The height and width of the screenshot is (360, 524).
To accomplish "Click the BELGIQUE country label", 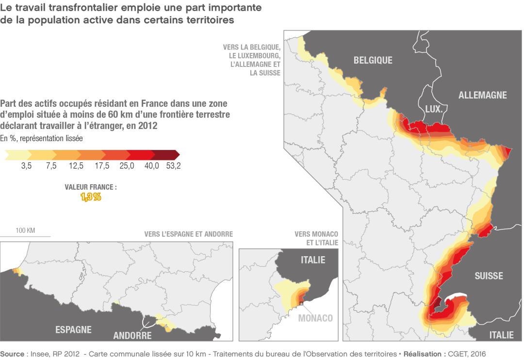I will coord(373,60).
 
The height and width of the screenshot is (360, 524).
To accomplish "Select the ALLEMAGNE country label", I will coord(482,95).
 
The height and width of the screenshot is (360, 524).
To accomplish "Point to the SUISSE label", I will coord(489,276).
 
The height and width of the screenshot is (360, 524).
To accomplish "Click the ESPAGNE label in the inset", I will coord(73,329).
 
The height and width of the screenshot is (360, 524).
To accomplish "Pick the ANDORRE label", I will coord(132,335).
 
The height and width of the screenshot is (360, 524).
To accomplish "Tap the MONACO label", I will coord(315,318).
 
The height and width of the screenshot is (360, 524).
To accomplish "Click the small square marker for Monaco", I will coord(301,303).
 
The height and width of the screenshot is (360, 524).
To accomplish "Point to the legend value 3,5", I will coord(26,166).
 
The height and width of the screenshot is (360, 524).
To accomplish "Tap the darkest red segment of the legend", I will coord(166,155).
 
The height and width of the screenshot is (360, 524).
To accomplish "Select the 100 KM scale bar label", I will coord(25,230).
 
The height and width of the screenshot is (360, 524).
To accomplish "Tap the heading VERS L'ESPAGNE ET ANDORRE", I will coord(188,234).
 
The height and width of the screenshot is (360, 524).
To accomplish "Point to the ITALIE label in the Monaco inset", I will coord(313,260).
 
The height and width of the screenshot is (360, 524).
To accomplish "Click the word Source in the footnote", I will coord(12,354).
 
